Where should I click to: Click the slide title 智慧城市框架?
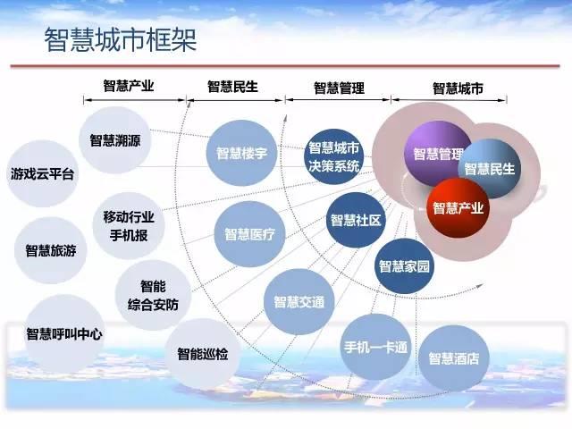121,39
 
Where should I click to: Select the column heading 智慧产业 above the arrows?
129,86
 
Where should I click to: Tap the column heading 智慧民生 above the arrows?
232,87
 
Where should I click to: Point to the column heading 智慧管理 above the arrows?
340,88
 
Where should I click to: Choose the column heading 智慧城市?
458,88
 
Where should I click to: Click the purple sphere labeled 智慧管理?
438,153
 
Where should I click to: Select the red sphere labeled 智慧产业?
458,208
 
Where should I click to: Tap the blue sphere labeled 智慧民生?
490,169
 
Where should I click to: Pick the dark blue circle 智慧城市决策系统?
333,157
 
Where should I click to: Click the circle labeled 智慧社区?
356,221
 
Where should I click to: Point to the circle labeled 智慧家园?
404,266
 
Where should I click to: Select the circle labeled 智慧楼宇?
241,153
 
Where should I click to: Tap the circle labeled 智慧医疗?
249,234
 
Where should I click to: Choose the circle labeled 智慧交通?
299,302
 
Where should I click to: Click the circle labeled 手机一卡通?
375,347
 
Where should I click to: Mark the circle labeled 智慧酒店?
454,358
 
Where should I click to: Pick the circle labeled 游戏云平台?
42,173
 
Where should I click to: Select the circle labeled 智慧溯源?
115,140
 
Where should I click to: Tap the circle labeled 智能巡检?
203,354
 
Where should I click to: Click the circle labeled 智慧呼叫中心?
64,333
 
